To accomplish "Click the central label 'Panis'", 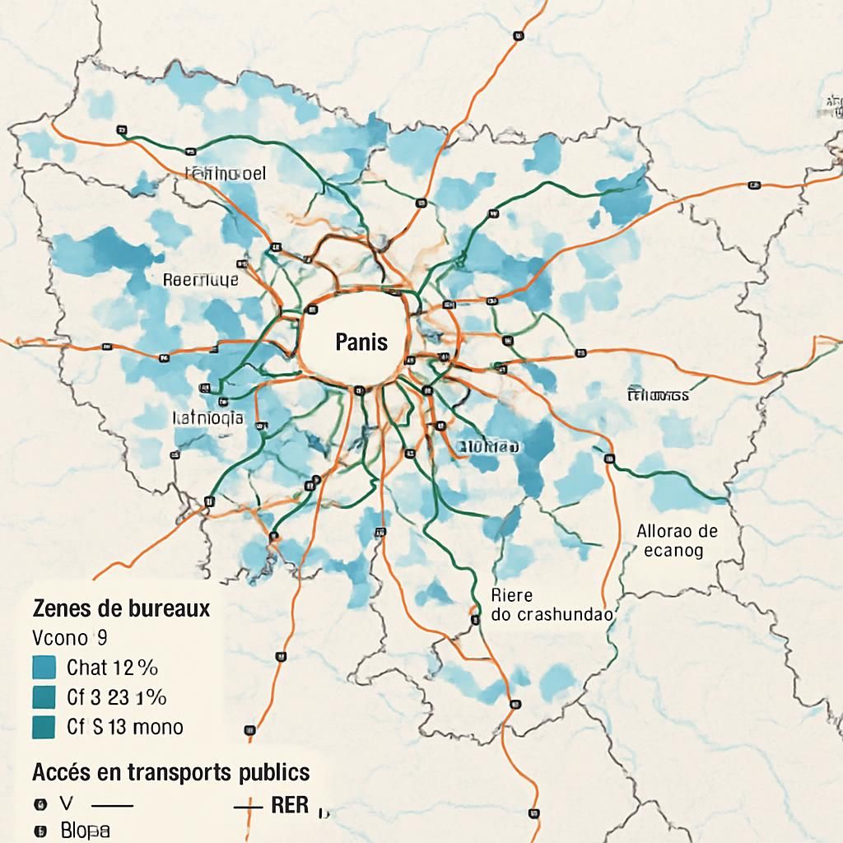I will [361, 342].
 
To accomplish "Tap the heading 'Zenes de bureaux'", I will [121, 609].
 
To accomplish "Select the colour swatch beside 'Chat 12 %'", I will [42, 667].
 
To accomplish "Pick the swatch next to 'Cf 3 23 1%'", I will [42, 696].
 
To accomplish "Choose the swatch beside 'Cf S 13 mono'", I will [42, 727].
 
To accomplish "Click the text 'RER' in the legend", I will [289, 805].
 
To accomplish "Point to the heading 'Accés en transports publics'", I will [171, 772].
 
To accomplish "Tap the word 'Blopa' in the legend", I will [86, 831].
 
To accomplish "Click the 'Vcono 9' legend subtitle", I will [69, 637].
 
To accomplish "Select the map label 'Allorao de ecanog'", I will [677, 541].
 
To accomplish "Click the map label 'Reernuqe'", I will [200, 280].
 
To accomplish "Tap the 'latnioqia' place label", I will [208, 418].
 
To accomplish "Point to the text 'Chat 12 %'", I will [112, 667].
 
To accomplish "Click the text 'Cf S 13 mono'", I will [124, 727].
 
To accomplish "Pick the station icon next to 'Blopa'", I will [39, 831].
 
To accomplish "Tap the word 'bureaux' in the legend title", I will [168, 609].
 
